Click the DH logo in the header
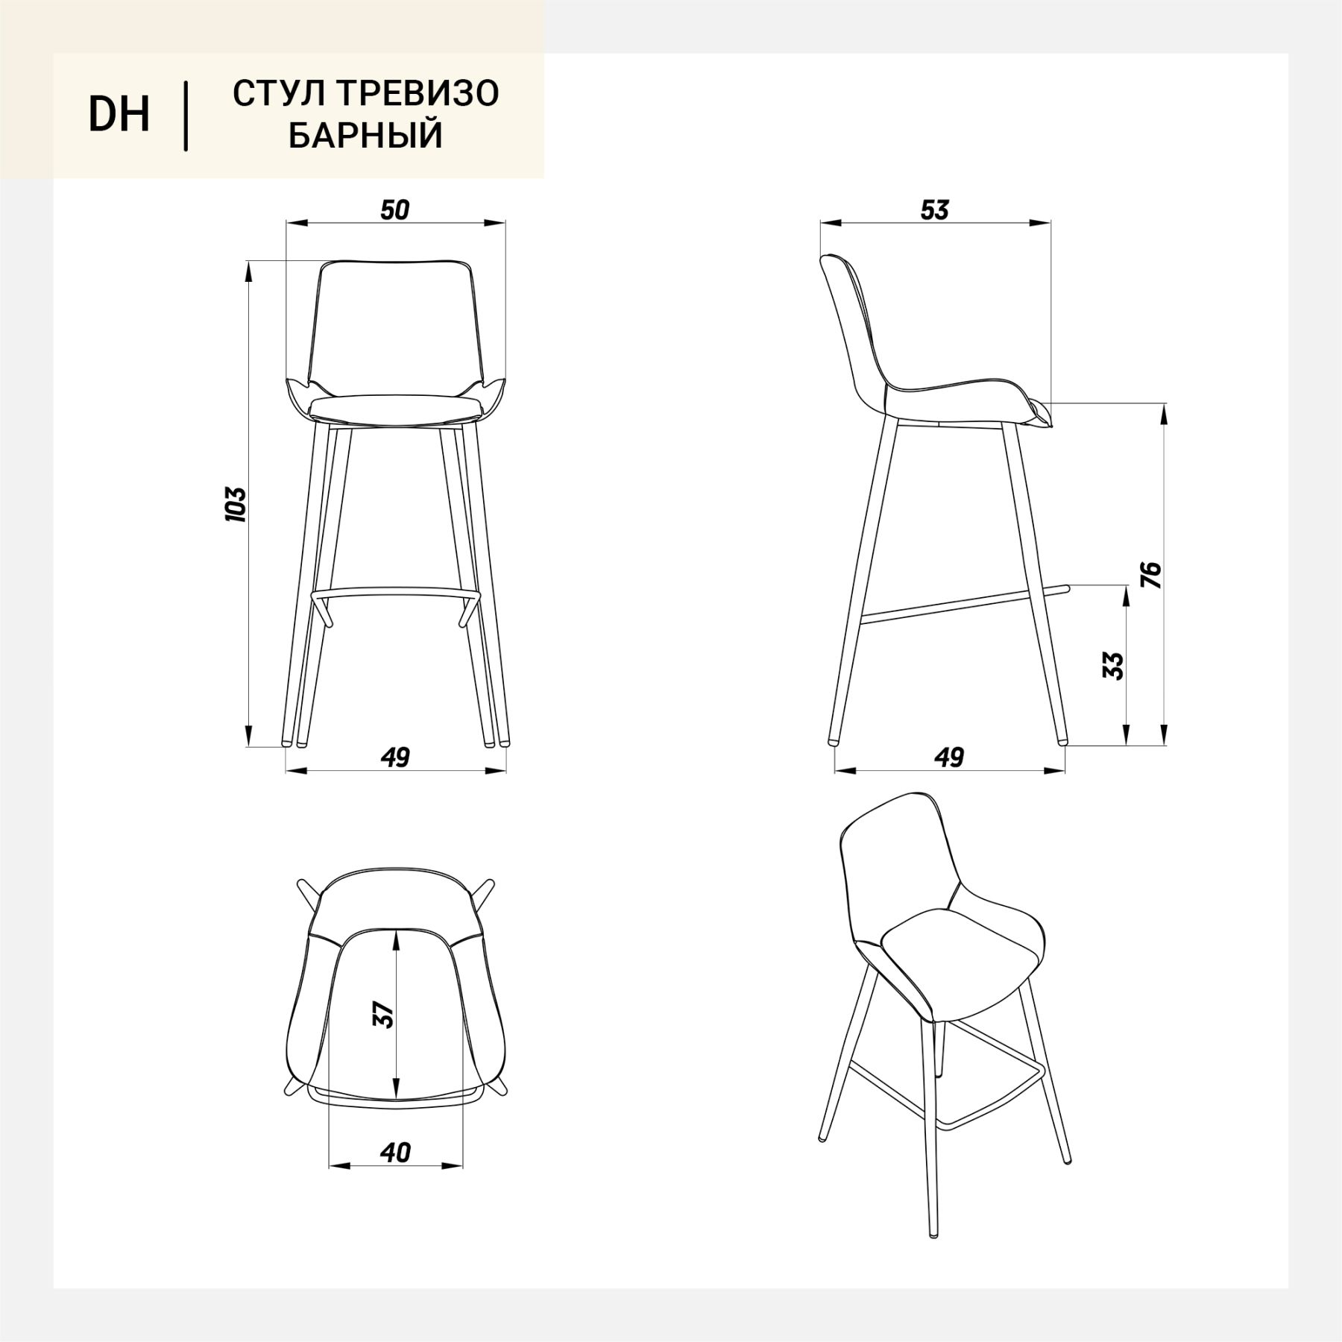click(119, 115)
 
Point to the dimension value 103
click(236, 504)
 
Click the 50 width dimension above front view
click(395, 210)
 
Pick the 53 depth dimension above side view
click(934, 210)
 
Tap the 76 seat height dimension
click(1153, 575)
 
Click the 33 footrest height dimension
click(1112, 666)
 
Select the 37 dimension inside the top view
click(383, 1015)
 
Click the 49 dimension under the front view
click(395, 757)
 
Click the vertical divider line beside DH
click(185, 116)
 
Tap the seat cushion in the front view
click(395, 407)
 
